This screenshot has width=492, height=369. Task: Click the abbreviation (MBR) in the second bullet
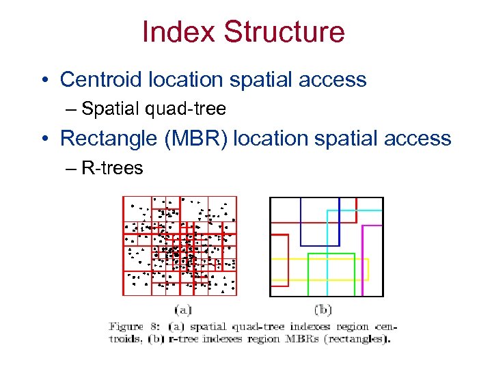pyautogui.click(x=197, y=138)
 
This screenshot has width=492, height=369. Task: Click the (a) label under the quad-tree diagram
pyautogui.click(x=182, y=309)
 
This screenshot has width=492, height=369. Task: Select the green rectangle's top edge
pyautogui.click(x=331, y=254)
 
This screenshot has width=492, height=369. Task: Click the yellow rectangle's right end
pyautogui.click(x=368, y=269)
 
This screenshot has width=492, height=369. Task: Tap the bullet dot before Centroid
pyautogui.click(x=44, y=81)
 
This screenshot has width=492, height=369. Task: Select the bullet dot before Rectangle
pyautogui.click(x=44, y=139)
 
